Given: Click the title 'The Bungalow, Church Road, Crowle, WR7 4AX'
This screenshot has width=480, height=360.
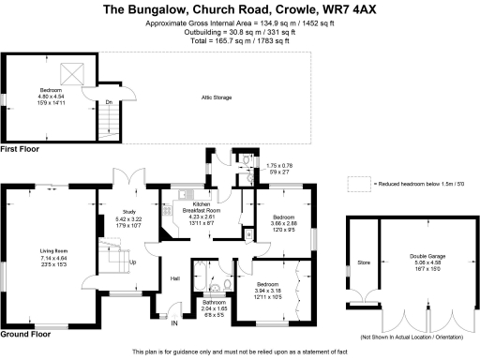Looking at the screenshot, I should [240, 9].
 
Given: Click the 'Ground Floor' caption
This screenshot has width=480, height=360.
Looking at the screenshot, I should [26, 334].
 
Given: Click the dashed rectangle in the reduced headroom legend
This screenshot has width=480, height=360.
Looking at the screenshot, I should [357, 184].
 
